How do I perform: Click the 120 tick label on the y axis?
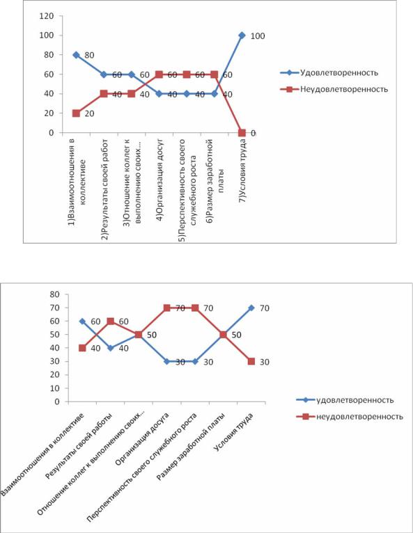tap(47, 16)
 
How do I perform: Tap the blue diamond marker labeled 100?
tap(242, 35)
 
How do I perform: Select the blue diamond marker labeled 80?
tap(76, 55)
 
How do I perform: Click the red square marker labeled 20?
tap(76, 113)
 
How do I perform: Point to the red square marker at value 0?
tap(242, 133)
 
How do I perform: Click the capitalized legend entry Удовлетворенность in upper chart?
tap(339, 73)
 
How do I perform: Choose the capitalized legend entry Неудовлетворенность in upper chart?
tap(344, 89)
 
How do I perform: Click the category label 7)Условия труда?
tap(243, 172)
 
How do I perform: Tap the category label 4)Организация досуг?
tap(160, 180)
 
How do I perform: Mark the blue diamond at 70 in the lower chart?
tap(251, 308)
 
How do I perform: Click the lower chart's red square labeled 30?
tap(251, 361)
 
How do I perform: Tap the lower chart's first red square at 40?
tap(82, 348)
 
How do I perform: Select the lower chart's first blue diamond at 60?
tap(82, 321)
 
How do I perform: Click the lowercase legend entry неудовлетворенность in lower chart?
tap(359, 416)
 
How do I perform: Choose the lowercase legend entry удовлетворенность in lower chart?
tap(354, 400)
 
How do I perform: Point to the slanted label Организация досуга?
tap(142, 439)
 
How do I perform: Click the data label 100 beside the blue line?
tap(258, 36)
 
